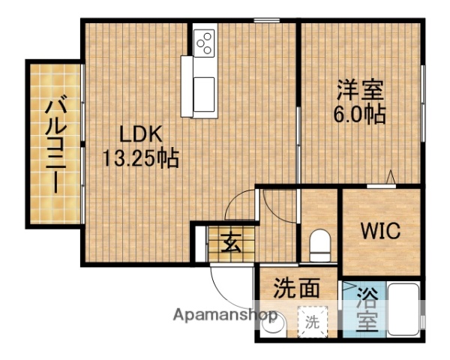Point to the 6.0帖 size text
(x=360, y=115)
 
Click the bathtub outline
(x=405, y=309)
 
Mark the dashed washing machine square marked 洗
(x=310, y=322)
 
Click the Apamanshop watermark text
(x=224, y=316)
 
